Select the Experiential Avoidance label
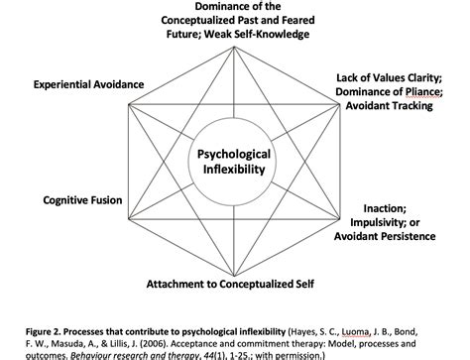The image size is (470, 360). click(88, 85)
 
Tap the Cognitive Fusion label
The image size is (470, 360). click(82, 200)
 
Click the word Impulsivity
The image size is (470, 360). click(394, 222)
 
